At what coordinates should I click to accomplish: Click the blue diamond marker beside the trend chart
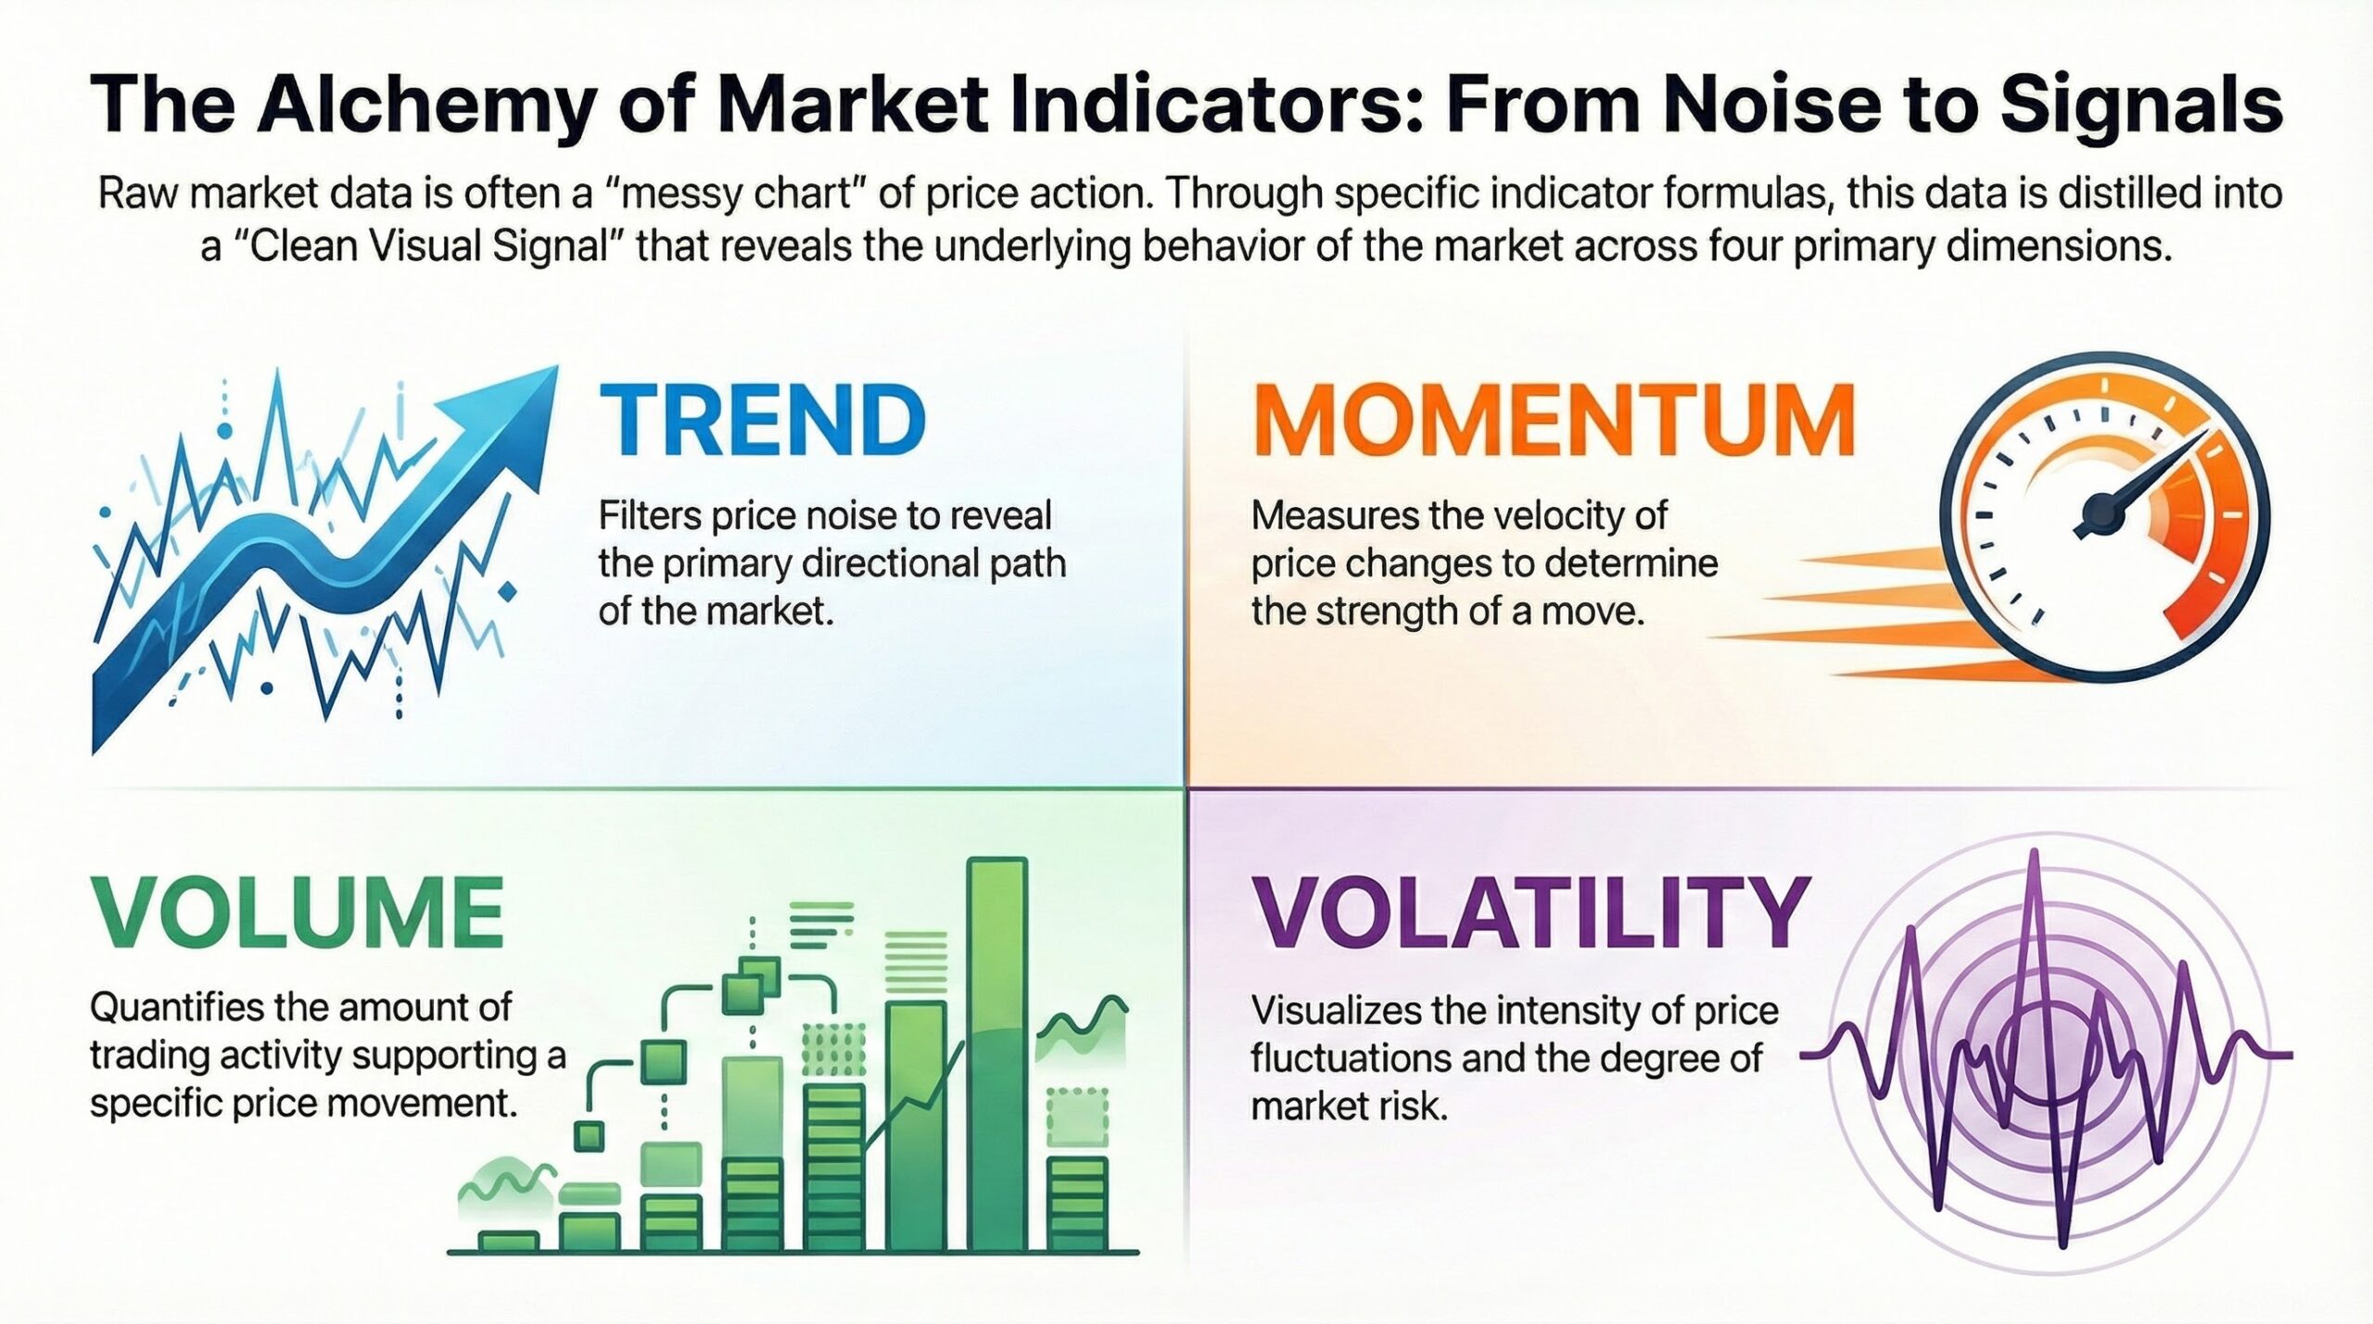pos(506,590)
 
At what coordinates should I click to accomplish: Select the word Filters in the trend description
pos(650,516)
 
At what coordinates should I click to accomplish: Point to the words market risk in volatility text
pos(1349,1107)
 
